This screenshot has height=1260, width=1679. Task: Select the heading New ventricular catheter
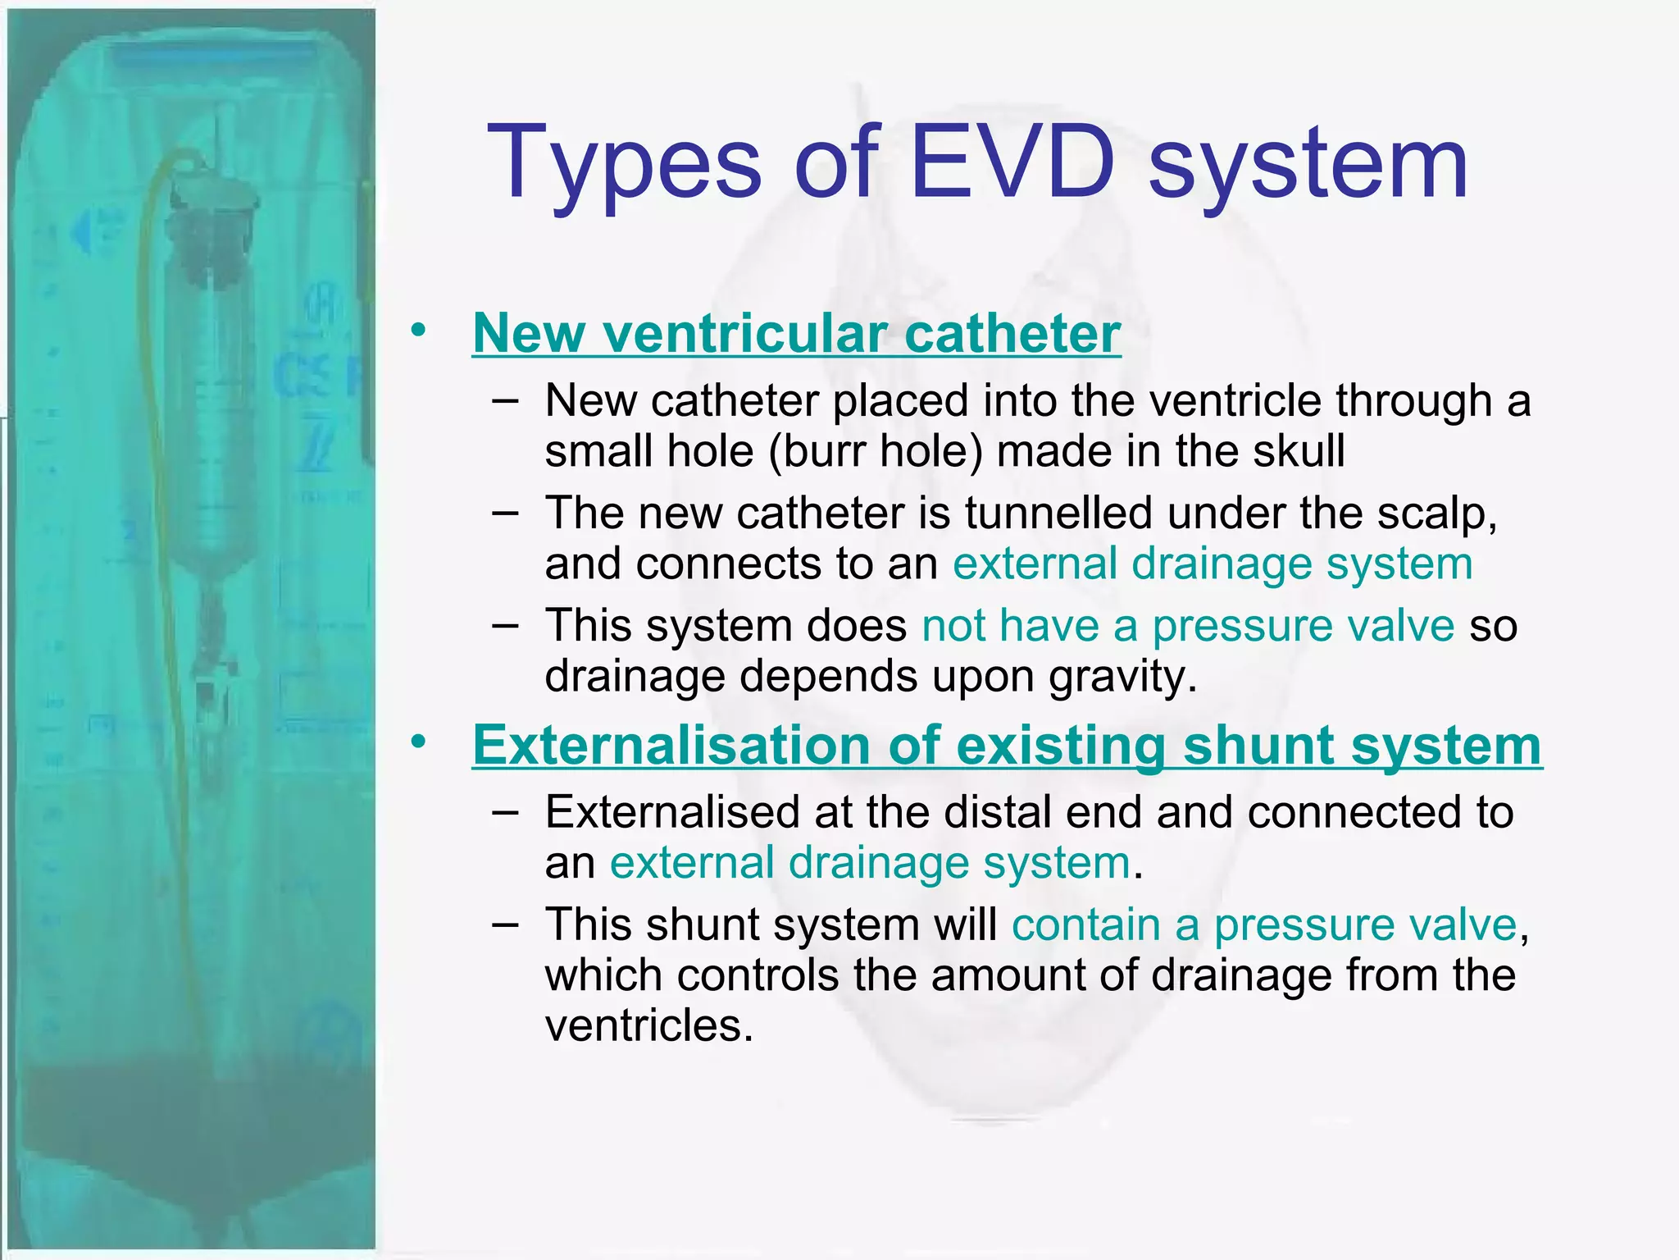(796, 334)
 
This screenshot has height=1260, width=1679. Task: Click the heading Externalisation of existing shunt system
(1007, 746)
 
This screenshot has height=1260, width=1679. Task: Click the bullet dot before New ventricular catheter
(419, 331)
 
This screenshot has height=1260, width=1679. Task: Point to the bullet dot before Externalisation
(419, 742)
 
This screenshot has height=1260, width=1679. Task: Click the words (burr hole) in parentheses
(875, 451)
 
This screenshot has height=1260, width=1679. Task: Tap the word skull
(1299, 450)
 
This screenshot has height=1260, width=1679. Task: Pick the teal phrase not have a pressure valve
(1188, 626)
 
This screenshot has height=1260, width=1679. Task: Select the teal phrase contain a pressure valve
(1264, 924)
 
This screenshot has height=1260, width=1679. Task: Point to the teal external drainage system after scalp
(1212, 564)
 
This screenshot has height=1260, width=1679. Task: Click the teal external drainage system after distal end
(870, 863)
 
